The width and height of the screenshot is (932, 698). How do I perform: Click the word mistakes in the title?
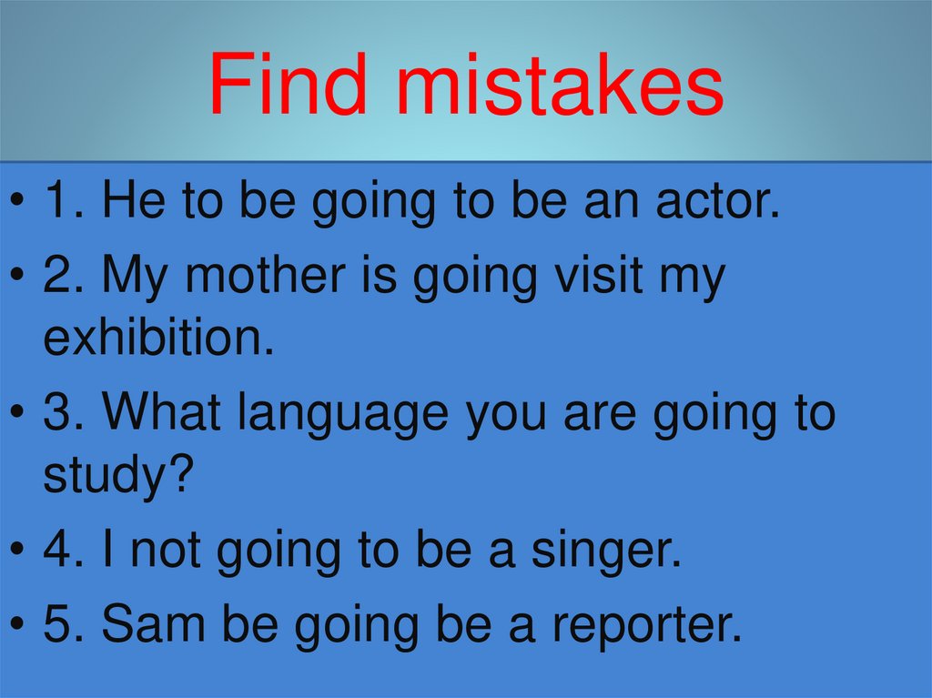561,86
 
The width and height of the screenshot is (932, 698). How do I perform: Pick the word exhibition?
158,339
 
